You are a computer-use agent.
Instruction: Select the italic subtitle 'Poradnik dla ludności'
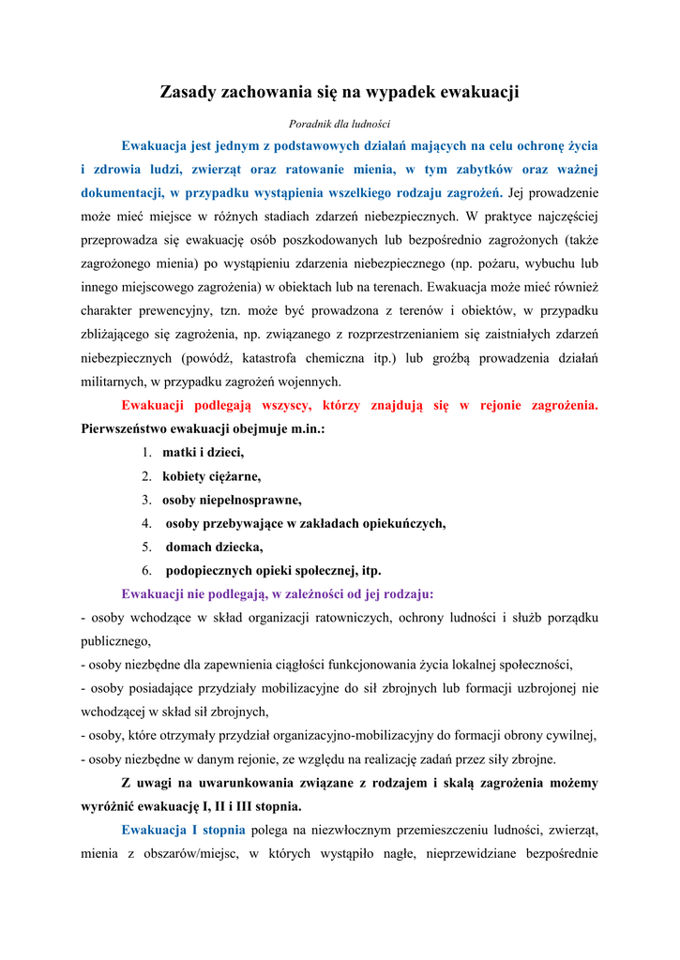pos(340,124)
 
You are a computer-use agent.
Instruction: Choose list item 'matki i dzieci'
pos(203,452)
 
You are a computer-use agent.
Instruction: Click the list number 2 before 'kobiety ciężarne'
pos(147,476)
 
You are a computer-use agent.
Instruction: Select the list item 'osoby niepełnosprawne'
pos(232,500)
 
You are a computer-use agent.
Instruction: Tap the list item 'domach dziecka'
pos(214,547)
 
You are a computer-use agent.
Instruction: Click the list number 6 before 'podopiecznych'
pos(147,570)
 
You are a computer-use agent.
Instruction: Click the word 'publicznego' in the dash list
pos(114,641)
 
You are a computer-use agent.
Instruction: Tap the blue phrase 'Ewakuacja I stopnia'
pos(183,830)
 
